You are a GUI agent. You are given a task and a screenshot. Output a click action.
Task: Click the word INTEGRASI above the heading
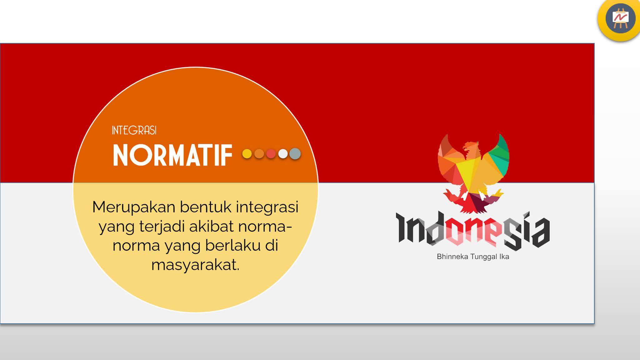coord(134,130)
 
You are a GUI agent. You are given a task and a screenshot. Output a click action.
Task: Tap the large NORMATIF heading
coord(172,155)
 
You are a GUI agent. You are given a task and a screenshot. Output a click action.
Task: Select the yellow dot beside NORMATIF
coord(247,154)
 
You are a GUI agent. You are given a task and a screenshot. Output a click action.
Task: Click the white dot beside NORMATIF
coord(283,154)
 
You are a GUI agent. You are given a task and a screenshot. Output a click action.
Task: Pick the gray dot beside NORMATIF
coord(295,154)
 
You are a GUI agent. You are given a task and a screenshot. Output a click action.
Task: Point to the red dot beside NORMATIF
coord(271,154)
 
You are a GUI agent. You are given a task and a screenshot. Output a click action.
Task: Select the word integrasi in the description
coord(267,207)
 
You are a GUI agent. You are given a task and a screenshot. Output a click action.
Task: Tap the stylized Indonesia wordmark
coord(472,231)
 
